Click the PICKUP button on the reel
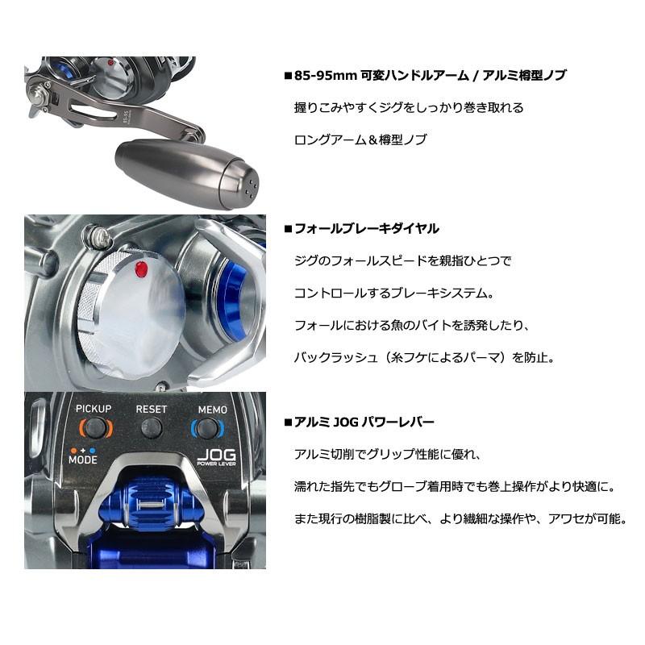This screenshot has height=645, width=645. (x=94, y=427)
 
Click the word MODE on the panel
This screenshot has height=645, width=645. (x=83, y=460)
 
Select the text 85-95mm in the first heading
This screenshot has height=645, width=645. (x=320, y=75)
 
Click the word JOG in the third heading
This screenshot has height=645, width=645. (x=343, y=422)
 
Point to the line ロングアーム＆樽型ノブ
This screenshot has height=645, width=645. (x=360, y=139)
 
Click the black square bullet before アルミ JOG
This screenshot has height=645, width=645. (x=288, y=422)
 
